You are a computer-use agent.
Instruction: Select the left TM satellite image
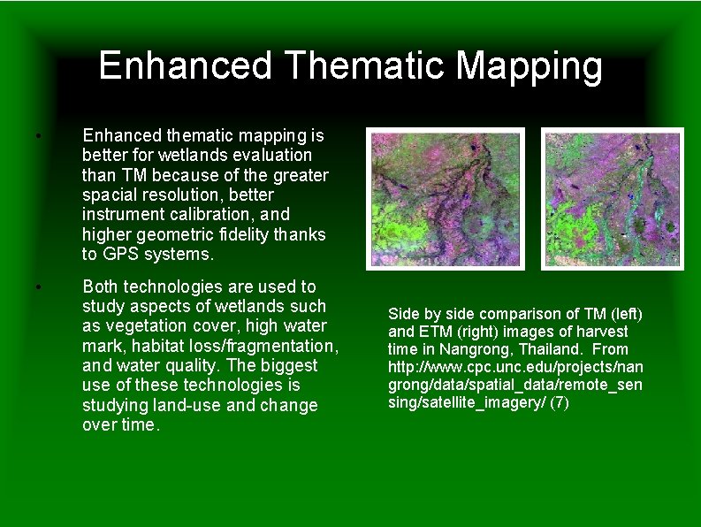pos(446,198)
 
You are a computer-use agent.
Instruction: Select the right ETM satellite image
pos(613,198)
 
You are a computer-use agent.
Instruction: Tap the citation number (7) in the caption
pos(560,402)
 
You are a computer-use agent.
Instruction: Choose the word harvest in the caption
pos(601,332)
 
